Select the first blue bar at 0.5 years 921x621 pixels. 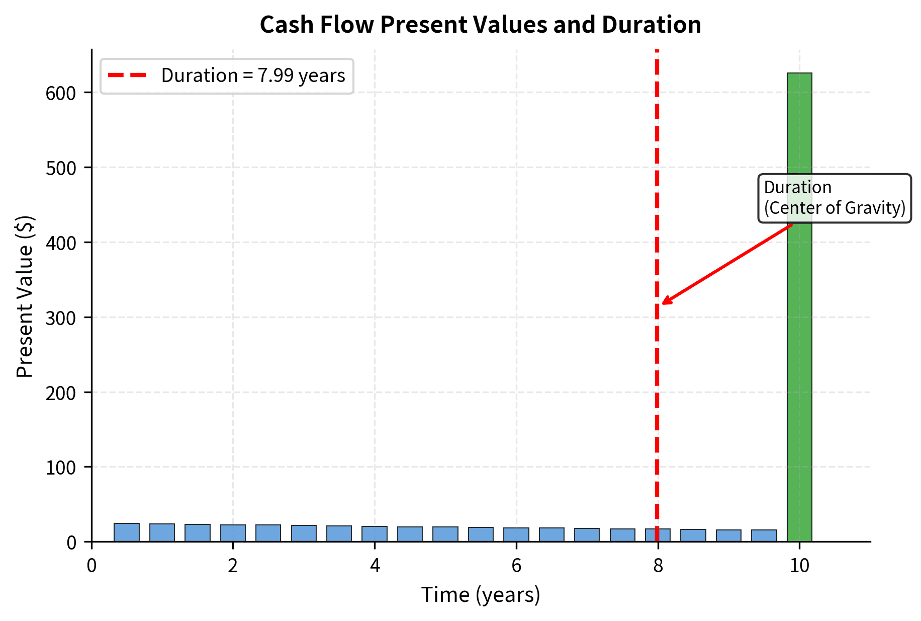[x=127, y=532]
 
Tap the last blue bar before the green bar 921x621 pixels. [x=764, y=535]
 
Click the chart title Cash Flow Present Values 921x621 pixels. [x=480, y=24]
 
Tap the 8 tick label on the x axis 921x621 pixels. [x=658, y=566]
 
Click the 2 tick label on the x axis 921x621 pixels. [x=233, y=566]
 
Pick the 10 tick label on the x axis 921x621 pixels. [x=799, y=566]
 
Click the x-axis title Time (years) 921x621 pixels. [x=480, y=595]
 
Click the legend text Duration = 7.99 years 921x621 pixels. [x=253, y=75]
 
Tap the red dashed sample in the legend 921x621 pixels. [x=127, y=75]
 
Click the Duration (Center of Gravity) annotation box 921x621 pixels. [x=835, y=198]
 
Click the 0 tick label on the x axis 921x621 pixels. [x=91, y=566]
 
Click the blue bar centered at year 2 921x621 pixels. [x=233, y=533]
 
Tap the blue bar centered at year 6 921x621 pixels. [x=516, y=534]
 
